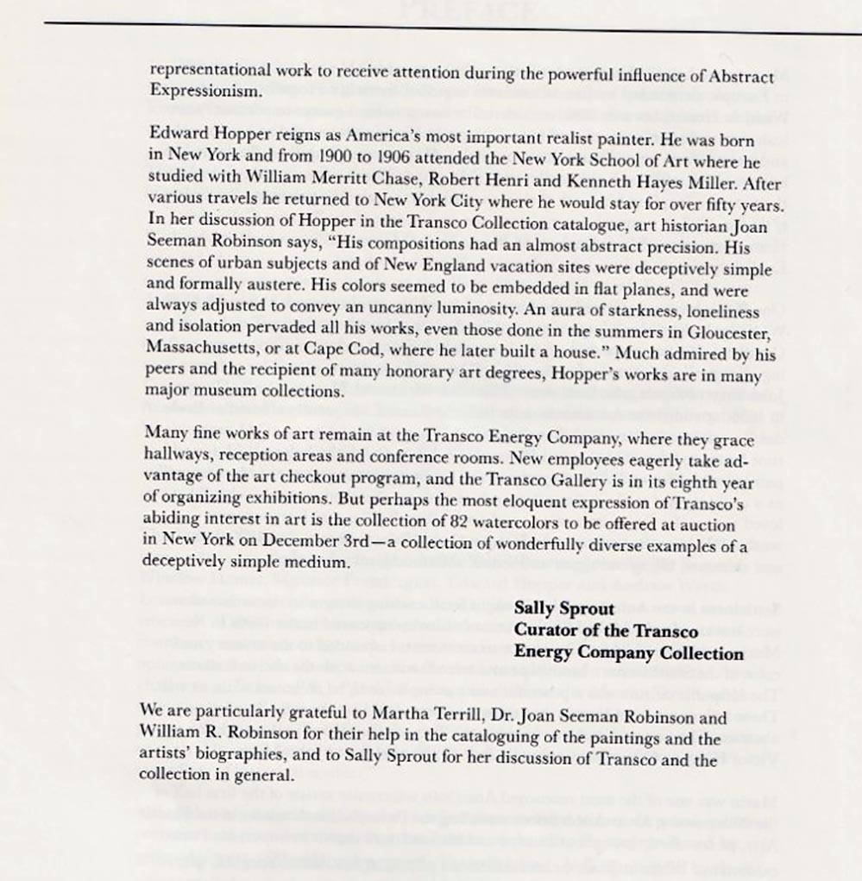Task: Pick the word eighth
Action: point(670,483)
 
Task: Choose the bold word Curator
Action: point(547,630)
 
